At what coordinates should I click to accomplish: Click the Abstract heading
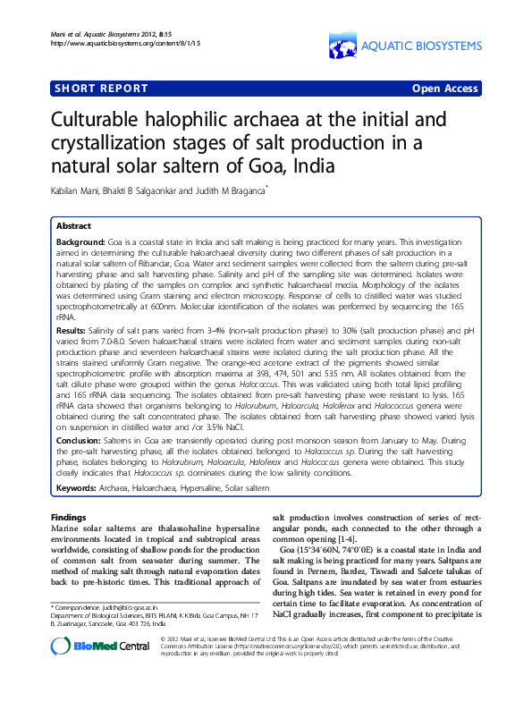[x=73, y=226]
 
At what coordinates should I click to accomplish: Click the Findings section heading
[x=69, y=517]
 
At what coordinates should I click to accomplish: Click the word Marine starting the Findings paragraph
[x=66, y=529]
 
